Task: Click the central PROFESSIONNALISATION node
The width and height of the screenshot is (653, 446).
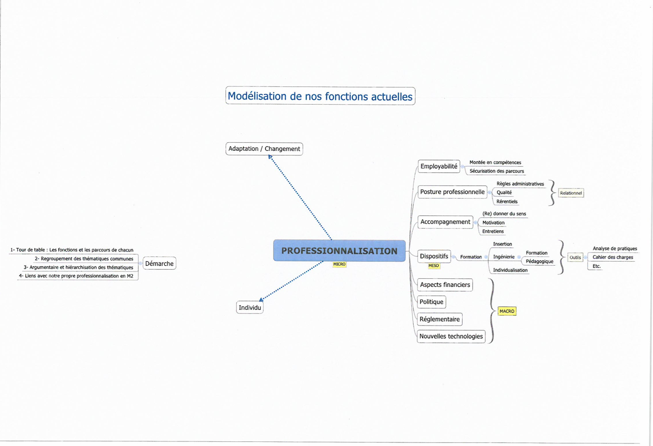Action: pyautogui.click(x=339, y=251)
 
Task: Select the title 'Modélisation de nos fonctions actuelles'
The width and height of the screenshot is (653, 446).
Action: pyautogui.click(x=320, y=96)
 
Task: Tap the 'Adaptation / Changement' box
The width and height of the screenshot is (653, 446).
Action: pyautogui.click(x=264, y=149)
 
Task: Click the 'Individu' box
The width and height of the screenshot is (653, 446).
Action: pyautogui.click(x=250, y=307)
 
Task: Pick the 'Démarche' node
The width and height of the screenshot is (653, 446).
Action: pyautogui.click(x=159, y=264)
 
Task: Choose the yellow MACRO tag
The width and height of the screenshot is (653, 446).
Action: pyautogui.click(x=507, y=311)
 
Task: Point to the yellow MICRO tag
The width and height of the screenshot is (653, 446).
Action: pyautogui.click(x=339, y=264)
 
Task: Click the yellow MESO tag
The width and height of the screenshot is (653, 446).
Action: pyautogui.click(x=434, y=266)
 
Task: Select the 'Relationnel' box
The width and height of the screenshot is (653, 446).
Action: pyautogui.click(x=571, y=193)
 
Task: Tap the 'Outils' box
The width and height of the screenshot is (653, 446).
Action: pyautogui.click(x=575, y=258)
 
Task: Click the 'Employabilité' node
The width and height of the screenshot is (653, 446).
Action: pyautogui.click(x=439, y=166)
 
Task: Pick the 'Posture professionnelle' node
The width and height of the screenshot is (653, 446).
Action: pyautogui.click(x=452, y=192)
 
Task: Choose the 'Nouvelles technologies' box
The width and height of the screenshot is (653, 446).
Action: pyautogui.click(x=451, y=336)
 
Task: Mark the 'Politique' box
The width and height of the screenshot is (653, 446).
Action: pyautogui.click(x=432, y=302)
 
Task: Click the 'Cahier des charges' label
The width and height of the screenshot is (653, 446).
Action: pyautogui.click(x=612, y=258)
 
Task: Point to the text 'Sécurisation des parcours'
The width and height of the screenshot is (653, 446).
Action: pyautogui.click(x=497, y=171)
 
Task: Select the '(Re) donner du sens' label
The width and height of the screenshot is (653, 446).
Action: pyautogui.click(x=504, y=214)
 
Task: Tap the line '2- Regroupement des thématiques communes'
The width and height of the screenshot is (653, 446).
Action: pyautogui.click(x=84, y=259)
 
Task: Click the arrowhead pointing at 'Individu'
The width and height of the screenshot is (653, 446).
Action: pyautogui.click(x=261, y=300)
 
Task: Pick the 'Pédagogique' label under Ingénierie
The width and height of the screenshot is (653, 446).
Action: pyautogui.click(x=539, y=262)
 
